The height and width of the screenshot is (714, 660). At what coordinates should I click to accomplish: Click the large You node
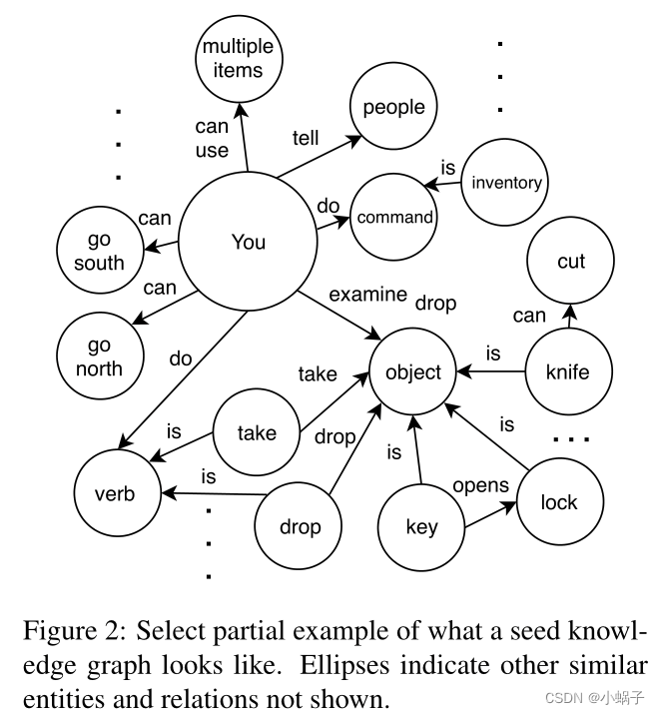(x=249, y=243)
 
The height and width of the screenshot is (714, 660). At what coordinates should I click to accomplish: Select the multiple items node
(x=238, y=59)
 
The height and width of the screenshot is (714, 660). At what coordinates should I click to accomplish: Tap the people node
(x=393, y=108)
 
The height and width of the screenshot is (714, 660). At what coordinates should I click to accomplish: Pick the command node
(x=394, y=217)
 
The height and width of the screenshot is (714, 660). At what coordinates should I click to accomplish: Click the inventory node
(x=506, y=183)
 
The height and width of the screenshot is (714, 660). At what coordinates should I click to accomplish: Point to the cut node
(x=570, y=262)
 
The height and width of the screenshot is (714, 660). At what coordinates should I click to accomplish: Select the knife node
(x=567, y=372)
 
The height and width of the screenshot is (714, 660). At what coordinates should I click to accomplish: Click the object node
(x=413, y=372)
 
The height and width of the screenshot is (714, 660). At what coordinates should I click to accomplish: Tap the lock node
(x=558, y=502)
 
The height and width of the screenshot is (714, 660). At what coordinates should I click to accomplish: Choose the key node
(x=421, y=526)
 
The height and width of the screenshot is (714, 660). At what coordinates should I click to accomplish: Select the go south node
(x=99, y=252)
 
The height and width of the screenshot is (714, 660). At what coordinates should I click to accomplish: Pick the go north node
(x=99, y=357)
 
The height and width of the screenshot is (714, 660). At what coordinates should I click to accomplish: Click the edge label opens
(x=481, y=485)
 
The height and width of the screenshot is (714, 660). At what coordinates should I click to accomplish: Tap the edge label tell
(x=306, y=137)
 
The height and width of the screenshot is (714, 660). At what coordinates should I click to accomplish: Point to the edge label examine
(x=367, y=295)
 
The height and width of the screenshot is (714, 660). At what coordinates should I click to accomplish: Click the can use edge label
(x=212, y=139)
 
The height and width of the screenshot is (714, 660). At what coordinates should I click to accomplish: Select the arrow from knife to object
(x=491, y=373)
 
